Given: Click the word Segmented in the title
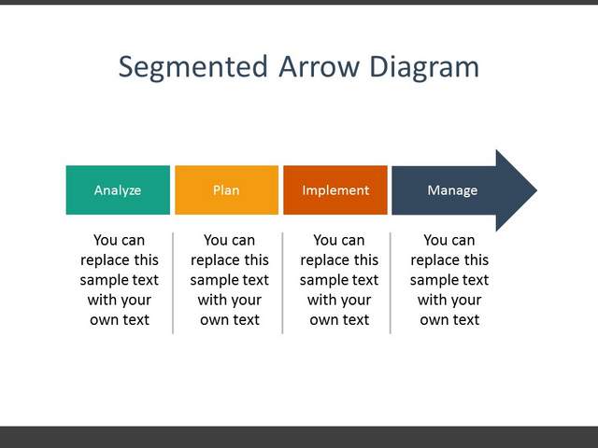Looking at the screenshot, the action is (193, 67).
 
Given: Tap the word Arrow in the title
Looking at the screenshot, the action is (319, 66).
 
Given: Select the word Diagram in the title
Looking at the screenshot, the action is (424, 67).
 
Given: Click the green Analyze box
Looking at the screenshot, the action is (118, 189).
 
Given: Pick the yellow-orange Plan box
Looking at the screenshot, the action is (226, 189).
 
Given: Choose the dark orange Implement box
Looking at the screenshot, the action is (335, 189).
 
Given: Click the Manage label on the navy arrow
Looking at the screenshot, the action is (452, 190).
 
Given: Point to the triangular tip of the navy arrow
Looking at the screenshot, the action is (536, 190).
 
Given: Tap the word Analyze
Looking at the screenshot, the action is (118, 190).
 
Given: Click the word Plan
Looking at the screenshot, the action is (226, 189).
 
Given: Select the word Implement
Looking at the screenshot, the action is (335, 190).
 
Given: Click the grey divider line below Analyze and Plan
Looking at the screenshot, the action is (173, 283).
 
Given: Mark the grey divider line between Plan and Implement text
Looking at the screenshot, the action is (282, 283).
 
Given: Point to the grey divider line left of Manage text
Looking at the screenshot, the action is (391, 283).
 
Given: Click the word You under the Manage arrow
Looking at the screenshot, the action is (434, 240).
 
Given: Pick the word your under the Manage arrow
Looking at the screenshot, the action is (465, 301).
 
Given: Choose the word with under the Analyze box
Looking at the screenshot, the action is (101, 300).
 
